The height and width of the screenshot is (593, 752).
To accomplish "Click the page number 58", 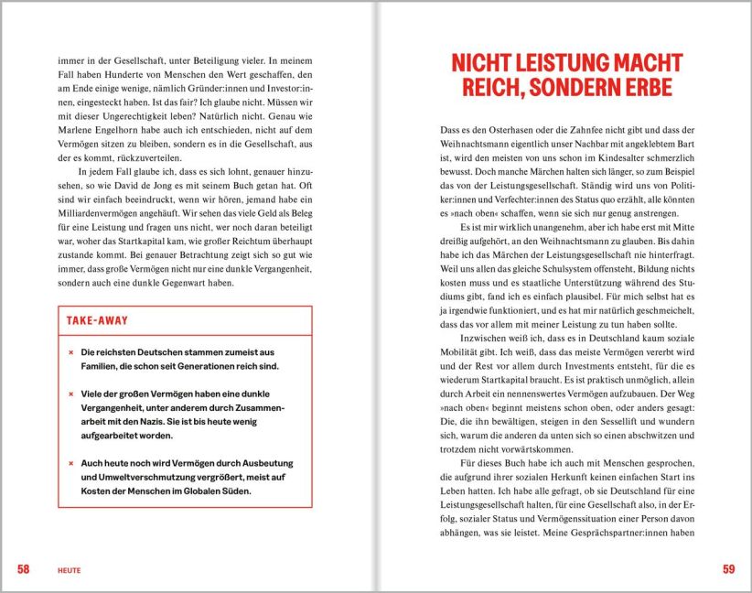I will (23, 569).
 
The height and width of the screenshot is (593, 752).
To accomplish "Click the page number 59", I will (728, 569).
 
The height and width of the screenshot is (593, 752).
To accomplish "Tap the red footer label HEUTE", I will (69, 570).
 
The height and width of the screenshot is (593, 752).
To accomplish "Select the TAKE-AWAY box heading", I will (97, 321).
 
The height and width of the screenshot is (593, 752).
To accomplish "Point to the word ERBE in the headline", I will (644, 88).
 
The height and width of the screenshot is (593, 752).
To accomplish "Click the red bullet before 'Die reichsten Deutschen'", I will (70, 352).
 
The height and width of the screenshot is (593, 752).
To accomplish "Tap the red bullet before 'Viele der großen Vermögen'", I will (70, 394).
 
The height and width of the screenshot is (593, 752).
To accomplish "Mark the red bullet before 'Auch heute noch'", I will (70, 464).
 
